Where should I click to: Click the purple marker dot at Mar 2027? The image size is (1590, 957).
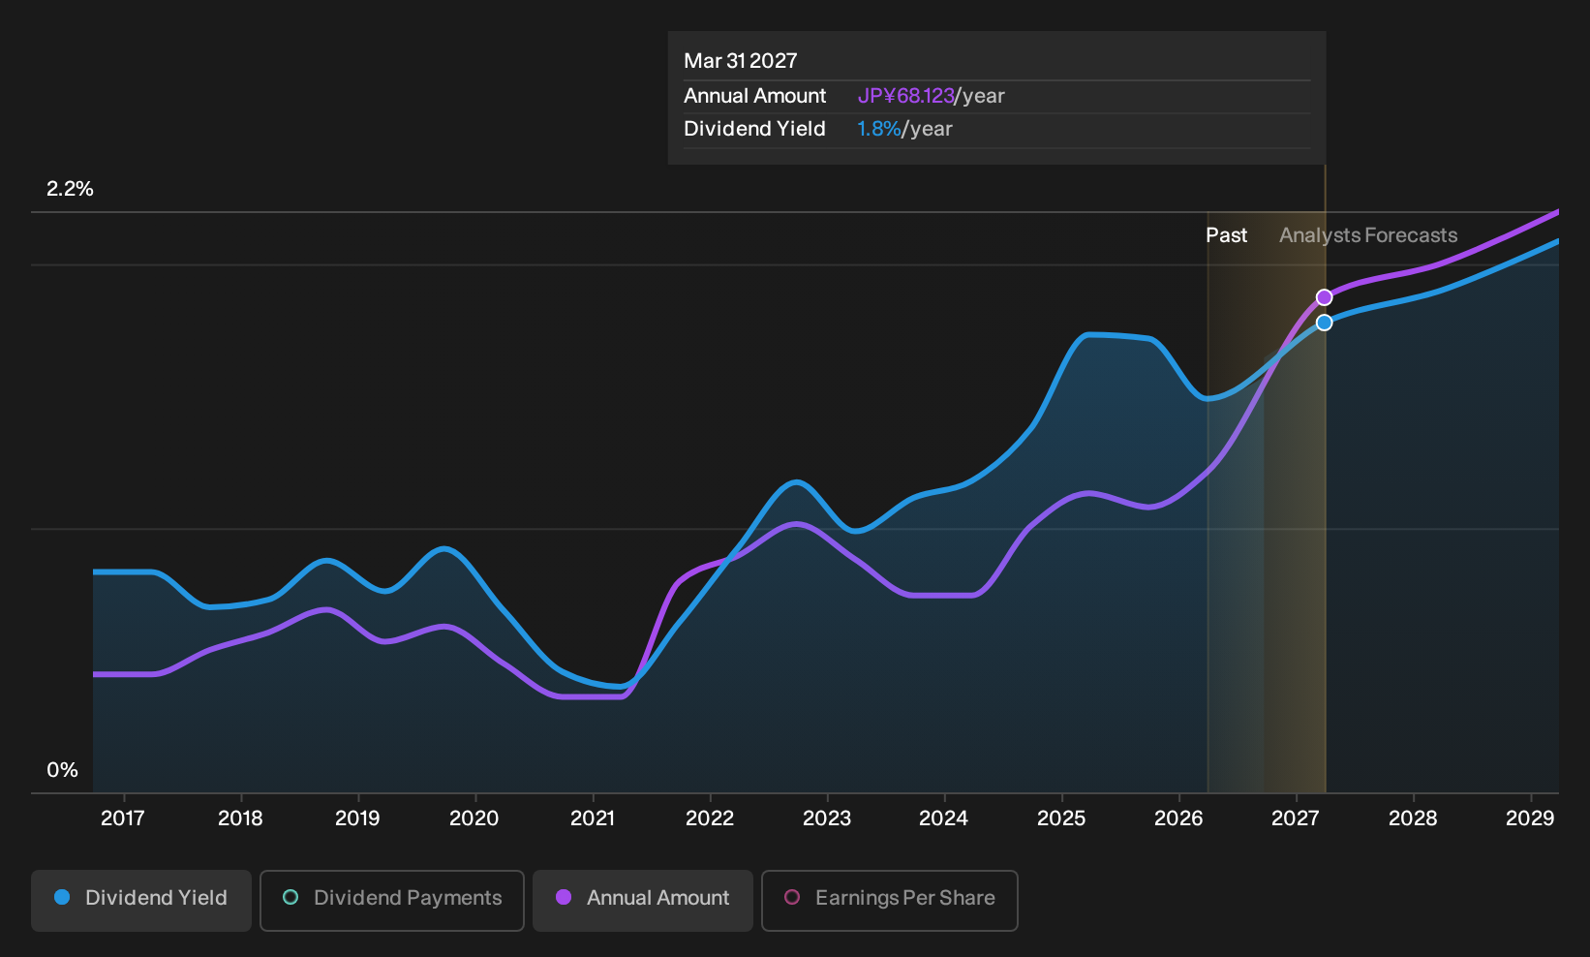click(1324, 297)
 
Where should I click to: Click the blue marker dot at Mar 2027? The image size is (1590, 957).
click(1324, 323)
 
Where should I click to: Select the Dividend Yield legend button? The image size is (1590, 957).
click(141, 900)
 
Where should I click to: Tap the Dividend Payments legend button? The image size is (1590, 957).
click(392, 900)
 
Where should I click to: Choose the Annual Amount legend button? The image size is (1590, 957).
click(642, 900)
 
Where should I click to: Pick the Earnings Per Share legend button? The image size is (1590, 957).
click(889, 900)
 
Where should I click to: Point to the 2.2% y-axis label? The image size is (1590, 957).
click(70, 189)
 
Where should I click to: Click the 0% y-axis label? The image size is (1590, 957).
click(63, 770)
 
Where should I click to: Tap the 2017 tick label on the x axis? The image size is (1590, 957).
click(123, 818)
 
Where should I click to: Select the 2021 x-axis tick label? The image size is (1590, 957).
click(593, 818)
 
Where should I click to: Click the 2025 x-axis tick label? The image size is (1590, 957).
click(1061, 818)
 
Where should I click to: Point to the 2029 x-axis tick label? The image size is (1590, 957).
click(1530, 818)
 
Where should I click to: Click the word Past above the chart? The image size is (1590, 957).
click(1227, 235)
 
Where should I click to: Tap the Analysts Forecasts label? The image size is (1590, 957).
click(1368, 235)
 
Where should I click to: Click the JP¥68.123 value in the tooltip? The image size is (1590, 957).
click(905, 96)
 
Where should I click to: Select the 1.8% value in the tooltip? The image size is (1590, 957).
click(878, 129)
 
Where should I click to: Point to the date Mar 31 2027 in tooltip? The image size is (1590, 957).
click(741, 61)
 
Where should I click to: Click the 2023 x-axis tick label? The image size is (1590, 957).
click(827, 818)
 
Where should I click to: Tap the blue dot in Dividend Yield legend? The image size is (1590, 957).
click(63, 897)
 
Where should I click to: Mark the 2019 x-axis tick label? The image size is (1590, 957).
click(357, 818)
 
